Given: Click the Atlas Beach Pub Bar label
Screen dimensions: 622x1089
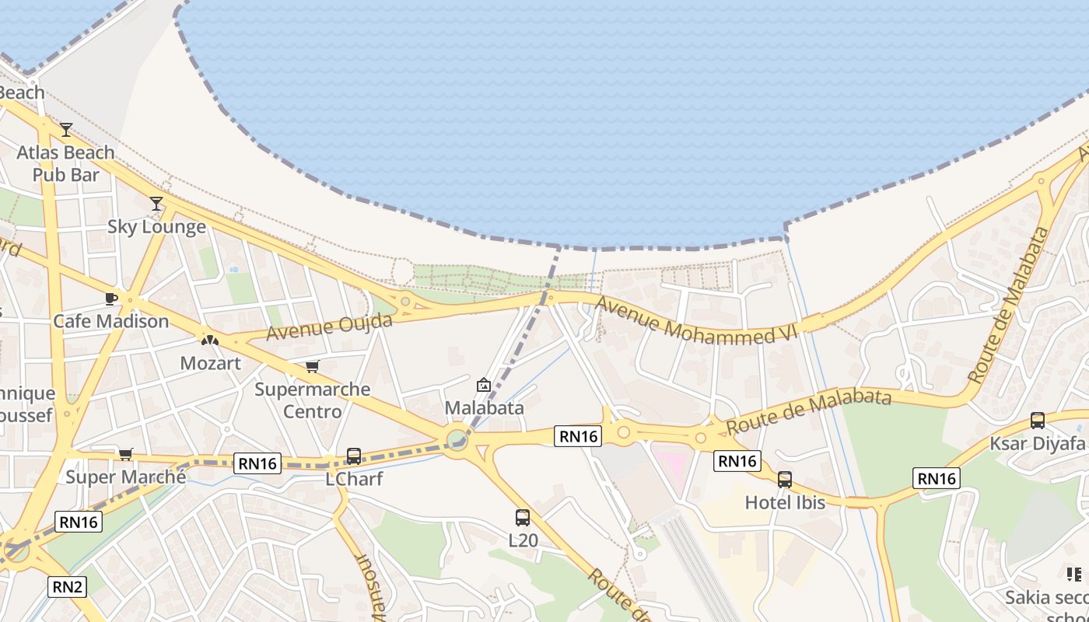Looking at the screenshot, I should pos(66,163).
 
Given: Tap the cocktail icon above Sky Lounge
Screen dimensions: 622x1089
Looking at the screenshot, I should pos(156,204).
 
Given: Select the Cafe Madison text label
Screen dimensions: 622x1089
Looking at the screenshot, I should pos(110,321).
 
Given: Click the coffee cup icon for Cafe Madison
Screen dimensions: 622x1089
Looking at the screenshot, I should pos(110,299).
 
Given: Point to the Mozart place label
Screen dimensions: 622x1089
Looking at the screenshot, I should pos(210,363).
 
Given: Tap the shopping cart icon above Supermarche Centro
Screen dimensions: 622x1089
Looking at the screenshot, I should pos(312,366).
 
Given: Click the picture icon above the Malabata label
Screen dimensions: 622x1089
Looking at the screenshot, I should pos(484,385).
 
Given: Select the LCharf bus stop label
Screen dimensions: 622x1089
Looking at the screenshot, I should pos(354,479).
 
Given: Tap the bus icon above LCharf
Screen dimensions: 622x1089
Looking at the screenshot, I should pos(354,456).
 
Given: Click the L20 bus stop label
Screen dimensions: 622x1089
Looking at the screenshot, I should pos(523,540).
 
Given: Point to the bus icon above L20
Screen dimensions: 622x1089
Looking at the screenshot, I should pos(523,517).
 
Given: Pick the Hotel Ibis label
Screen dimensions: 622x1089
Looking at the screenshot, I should pos(785,502).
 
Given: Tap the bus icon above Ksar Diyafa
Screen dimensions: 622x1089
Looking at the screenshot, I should pos(1037,421).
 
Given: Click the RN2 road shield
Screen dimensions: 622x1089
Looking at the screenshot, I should pos(67,586).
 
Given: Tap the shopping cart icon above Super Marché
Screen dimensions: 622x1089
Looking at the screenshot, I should pos(126,454).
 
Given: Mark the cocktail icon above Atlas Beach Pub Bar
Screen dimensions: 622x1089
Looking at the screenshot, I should pos(66,130).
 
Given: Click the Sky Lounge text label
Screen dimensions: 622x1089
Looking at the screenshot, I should pos(156,227).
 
